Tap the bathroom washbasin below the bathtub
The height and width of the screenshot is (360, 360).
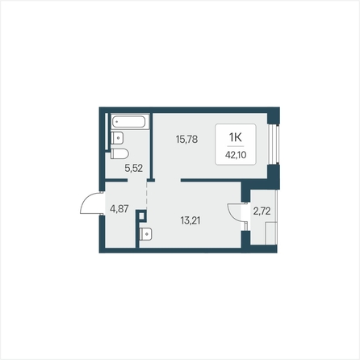click(x=117, y=138)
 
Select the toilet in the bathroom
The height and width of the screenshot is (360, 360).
click(x=119, y=153)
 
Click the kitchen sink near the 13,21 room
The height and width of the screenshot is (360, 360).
click(x=146, y=234)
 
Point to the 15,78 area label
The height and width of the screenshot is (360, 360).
click(x=186, y=139)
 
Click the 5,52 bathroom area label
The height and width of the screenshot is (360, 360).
click(x=133, y=168)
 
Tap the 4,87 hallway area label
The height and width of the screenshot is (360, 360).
click(x=119, y=208)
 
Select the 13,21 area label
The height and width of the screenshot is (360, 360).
click(x=190, y=220)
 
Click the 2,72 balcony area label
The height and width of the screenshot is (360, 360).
click(x=262, y=211)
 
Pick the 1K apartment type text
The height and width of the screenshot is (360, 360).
click(x=236, y=137)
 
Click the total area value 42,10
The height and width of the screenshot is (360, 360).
click(x=236, y=155)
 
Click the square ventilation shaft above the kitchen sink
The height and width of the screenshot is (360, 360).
click(x=142, y=216)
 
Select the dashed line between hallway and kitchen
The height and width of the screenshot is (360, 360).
click(x=147, y=195)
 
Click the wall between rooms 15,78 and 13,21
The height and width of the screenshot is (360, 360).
click(x=211, y=180)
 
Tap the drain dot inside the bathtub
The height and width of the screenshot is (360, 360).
click(x=117, y=122)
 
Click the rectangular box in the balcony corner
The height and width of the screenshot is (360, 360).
click(x=271, y=233)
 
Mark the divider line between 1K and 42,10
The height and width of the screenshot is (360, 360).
click(x=236, y=146)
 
